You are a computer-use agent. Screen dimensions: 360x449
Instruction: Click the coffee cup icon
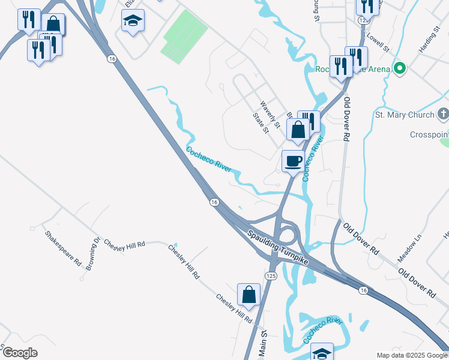[x=293, y=161]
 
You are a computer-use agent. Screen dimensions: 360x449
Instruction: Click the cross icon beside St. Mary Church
[x=442, y=114]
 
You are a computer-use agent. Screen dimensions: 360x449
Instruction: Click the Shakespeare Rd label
[x=62, y=248]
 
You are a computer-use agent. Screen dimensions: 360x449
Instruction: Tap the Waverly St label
[x=270, y=113]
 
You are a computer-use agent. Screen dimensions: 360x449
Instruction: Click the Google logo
[x=19, y=353]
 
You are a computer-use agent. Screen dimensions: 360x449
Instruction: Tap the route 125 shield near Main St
[x=270, y=275]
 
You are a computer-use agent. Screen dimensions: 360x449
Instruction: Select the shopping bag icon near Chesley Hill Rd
[x=249, y=295]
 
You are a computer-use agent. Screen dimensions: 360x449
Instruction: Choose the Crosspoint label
[x=429, y=134]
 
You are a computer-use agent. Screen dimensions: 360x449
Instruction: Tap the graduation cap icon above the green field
[x=132, y=22]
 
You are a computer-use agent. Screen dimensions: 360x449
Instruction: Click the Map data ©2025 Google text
[x=412, y=355]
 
